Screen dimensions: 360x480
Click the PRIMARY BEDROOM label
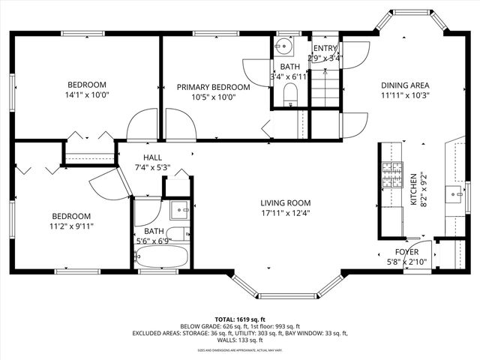[212, 87]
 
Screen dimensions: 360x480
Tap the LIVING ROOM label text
[285, 202]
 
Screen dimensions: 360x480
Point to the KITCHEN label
[412, 190]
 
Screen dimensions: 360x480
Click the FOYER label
[406, 252]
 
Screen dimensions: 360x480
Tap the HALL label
[152, 157]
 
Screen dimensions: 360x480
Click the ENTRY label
[325, 48]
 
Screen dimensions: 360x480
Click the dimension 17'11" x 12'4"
[285, 213]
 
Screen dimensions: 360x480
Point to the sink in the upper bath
[283, 47]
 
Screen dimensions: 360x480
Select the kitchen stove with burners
[390, 177]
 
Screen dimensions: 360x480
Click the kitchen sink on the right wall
[454, 196]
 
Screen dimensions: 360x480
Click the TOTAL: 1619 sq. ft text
[239, 319]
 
